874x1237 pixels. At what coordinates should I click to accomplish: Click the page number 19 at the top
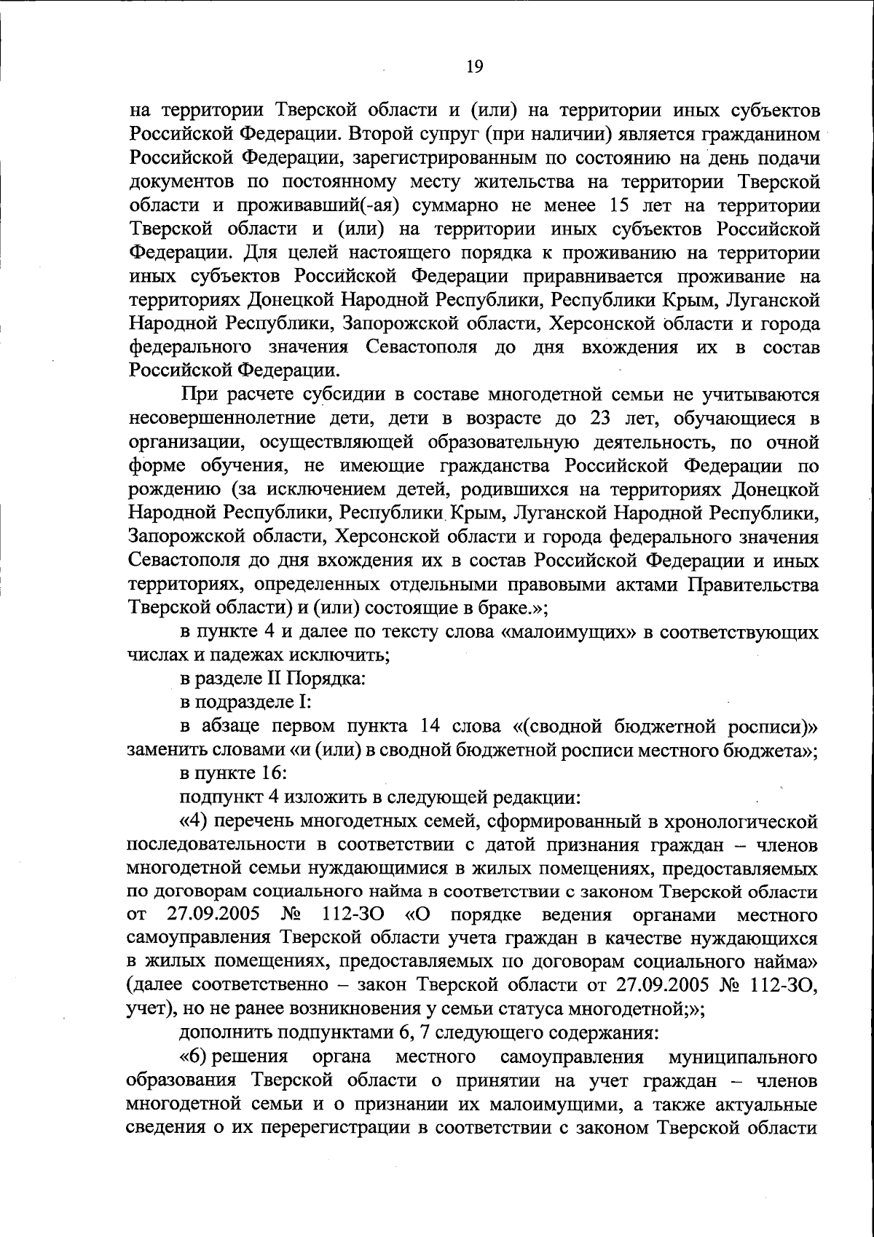(x=473, y=67)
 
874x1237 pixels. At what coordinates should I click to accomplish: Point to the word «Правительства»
(x=754, y=585)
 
